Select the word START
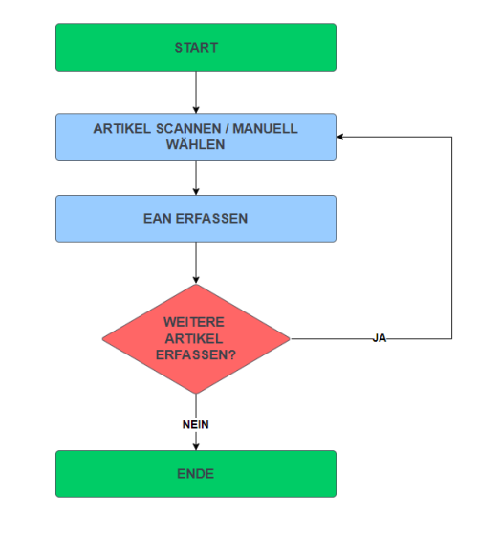(x=196, y=48)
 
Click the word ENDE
(x=196, y=474)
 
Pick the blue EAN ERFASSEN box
(x=96, y=219)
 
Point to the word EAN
(x=158, y=219)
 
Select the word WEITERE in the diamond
(x=196, y=322)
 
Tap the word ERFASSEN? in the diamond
(x=196, y=354)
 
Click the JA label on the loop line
(x=380, y=338)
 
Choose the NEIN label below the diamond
(x=196, y=424)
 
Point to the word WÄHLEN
(x=196, y=145)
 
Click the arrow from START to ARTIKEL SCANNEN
(x=196, y=92)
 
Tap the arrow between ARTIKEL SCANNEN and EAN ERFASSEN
(x=196, y=177)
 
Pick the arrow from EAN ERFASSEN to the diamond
(x=196, y=263)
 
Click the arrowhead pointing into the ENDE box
(x=196, y=446)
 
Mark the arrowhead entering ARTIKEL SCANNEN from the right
(x=342, y=137)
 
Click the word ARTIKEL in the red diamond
(x=196, y=338)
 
